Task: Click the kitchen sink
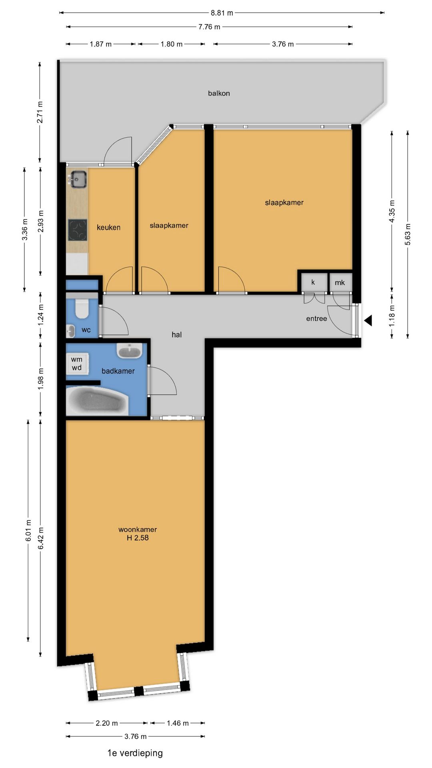pyautogui.click(x=78, y=179)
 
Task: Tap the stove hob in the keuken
pyautogui.click(x=78, y=230)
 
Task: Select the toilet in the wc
pyautogui.click(x=82, y=308)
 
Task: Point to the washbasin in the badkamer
pyautogui.click(x=129, y=351)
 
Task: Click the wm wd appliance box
pyautogui.click(x=77, y=364)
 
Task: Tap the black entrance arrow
pyautogui.click(x=368, y=320)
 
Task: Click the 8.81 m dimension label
pyautogui.click(x=222, y=13)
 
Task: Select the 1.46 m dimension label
pyautogui.click(x=178, y=723)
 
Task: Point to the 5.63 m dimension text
pyautogui.click(x=408, y=234)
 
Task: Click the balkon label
pyautogui.click(x=219, y=93)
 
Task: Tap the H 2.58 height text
pyautogui.click(x=138, y=538)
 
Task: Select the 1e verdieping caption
pyautogui.click(x=135, y=753)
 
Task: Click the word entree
pyautogui.click(x=316, y=319)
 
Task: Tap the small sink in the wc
pyautogui.click(x=71, y=331)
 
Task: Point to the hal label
pyautogui.click(x=176, y=335)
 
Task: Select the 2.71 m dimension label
pyautogui.click(x=40, y=112)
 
